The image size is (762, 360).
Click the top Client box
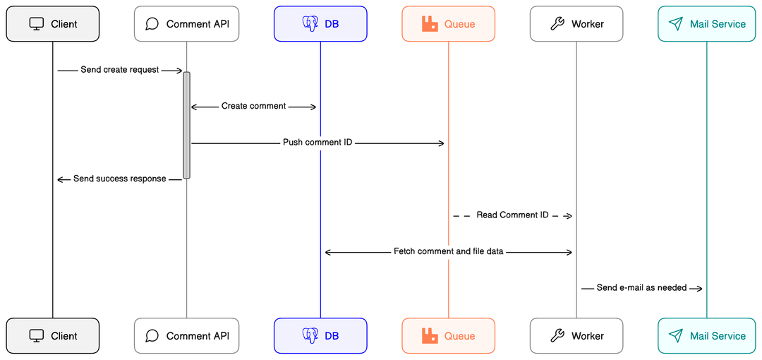pyautogui.click(x=53, y=24)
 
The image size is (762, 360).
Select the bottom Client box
pyautogui.click(x=53, y=336)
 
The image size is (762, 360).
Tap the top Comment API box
pyautogui.click(x=186, y=24)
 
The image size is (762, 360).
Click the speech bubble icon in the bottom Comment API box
pyautogui.click(x=152, y=336)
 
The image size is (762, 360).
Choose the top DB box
pyautogui.click(x=320, y=24)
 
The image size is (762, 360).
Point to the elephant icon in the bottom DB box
pyautogui.click(x=310, y=336)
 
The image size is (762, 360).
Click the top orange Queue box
pyautogui.click(x=448, y=24)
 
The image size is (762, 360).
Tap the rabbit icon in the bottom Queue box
pyautogui.click(x=430, y=336)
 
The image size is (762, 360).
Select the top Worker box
pyautogui.click(x=576, y=24)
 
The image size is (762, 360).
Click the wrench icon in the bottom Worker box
pyautogui.click(x=557, y=336)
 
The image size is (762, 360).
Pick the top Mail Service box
pyautogui.click(x=706, y=24)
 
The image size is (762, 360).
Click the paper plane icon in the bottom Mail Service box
pyautogui.click(x=676, y=336)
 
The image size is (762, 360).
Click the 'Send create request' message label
pyautogui.click(x=120, y=70)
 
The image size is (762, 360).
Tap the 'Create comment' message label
pyautogui.click(x=253, y=106)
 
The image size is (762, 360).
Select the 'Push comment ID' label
pyautogui.click(x=317, y=143)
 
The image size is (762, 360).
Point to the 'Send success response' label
pyautogui.click(x=120, y=179)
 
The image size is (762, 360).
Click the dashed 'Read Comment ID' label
pyautogui.click(x=512, y=215)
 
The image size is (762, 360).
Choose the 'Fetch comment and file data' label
pyautogui.click(x=448, y=251)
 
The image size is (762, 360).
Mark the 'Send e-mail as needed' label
pyautogui.click(x=641, y=287)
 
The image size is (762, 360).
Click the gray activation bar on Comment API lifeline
pyautogui.click(x=187, y=125)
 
